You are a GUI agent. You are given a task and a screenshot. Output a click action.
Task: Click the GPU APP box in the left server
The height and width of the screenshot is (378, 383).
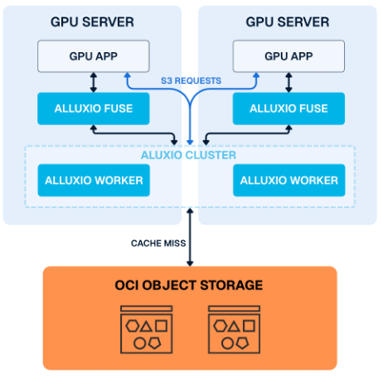pos(94,56)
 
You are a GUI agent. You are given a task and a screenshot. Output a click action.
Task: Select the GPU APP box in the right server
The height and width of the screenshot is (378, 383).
pos(288,56)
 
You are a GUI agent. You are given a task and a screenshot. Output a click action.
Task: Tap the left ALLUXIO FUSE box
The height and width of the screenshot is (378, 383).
pos(94,109)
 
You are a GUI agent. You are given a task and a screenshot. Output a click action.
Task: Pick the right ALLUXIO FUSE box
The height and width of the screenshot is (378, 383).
pos(288,109)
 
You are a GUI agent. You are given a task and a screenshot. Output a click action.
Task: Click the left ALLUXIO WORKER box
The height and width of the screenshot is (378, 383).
pos(94,180)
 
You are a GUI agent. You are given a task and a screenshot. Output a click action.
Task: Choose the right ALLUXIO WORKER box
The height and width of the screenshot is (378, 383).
pos(288,180)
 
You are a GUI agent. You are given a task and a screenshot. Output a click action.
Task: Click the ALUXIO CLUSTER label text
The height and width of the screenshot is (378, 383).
pos(190,155)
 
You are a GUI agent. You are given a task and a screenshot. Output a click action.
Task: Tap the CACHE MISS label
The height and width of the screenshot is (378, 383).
pos(158,243)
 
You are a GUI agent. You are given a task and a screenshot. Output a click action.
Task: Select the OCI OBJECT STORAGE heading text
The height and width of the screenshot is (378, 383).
pos(190,286)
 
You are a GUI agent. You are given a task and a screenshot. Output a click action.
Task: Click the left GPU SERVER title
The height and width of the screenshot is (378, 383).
pos(94,22)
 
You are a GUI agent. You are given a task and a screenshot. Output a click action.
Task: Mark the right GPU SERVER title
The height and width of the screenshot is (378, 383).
pos(288,22)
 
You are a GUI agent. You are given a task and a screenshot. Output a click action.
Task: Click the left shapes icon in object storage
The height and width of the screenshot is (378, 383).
pos(146,327)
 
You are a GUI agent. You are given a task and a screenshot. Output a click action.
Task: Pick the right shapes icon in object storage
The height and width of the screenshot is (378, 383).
pos(234,327)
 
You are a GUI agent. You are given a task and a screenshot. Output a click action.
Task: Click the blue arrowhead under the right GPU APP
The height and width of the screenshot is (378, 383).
pos(256,75)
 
